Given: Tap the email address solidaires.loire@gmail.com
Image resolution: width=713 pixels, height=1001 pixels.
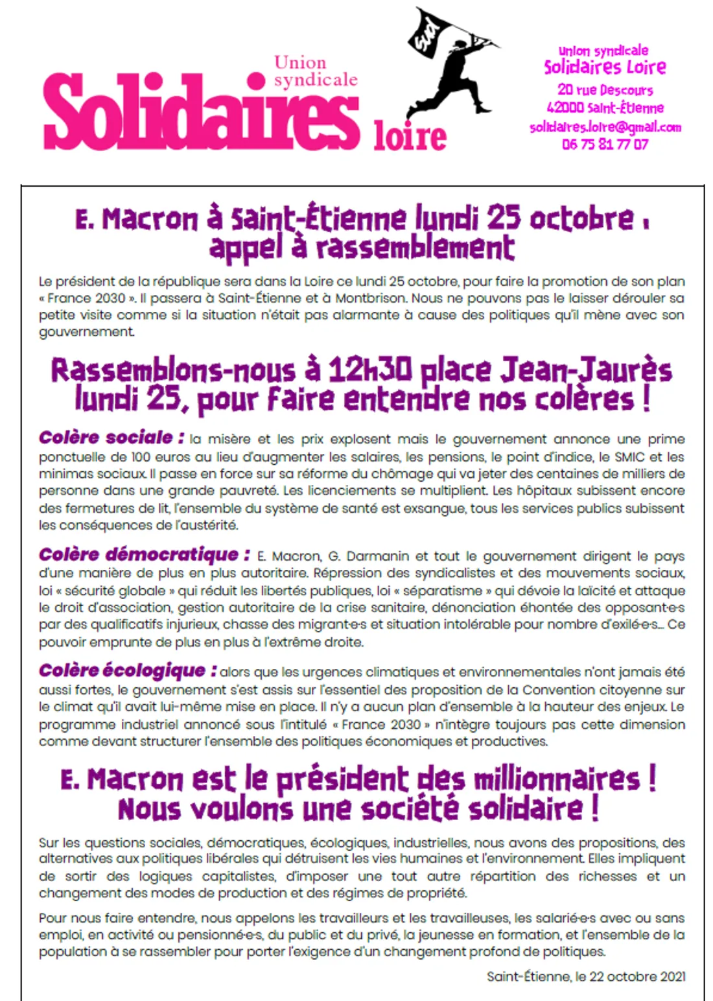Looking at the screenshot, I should coord(605,127).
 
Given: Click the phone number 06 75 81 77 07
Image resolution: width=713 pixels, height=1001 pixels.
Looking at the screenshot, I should coord(605,145).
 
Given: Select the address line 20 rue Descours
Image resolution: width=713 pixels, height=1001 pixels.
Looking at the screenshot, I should coord(605,90).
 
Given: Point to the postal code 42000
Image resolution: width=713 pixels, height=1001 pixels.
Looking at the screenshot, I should coord(565,108).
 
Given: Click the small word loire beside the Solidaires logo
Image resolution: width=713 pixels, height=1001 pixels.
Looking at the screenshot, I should coord(410,136).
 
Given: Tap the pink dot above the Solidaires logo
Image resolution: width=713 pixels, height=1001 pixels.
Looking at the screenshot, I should coord(257,80).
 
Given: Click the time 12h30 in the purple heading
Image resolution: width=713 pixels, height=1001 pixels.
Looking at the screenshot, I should coord(369,371).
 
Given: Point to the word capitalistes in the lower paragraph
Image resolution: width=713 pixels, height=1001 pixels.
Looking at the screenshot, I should coord(240,877).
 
